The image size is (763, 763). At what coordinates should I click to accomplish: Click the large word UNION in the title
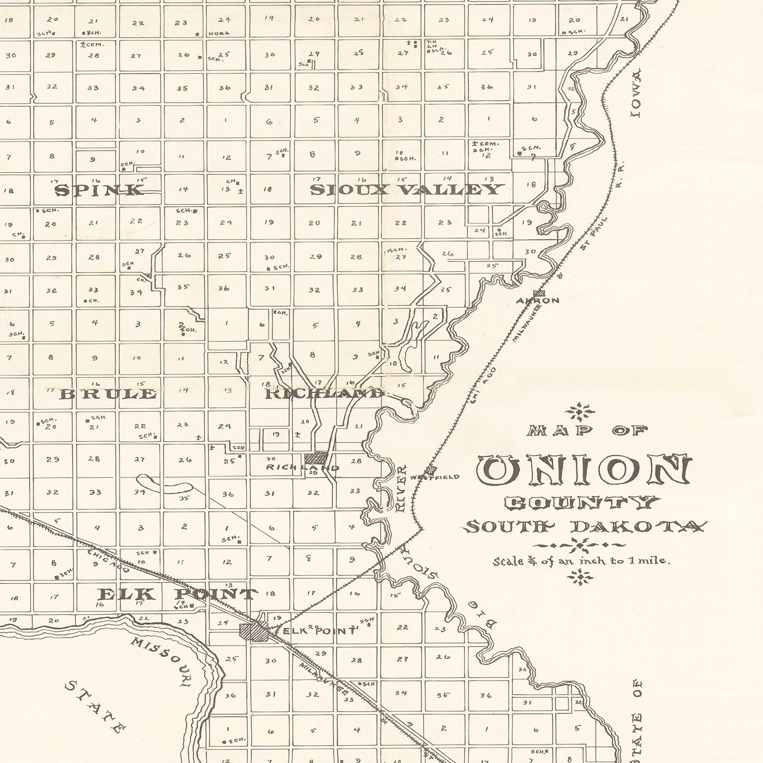point(584,469)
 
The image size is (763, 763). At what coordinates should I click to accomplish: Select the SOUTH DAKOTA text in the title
point(585,526)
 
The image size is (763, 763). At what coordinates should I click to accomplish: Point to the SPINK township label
point(100,190)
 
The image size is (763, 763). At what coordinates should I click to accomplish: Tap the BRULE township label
point(108,394)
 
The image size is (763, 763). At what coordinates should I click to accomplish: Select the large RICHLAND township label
point(324,393)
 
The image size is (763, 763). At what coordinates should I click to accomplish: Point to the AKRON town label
point(538,300)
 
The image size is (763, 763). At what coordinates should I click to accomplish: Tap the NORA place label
point(219,34)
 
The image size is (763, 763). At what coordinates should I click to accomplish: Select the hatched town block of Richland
point(316,457)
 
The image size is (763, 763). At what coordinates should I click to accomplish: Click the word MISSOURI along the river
point(160,660)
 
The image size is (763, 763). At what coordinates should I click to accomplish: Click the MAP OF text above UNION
point(586,431)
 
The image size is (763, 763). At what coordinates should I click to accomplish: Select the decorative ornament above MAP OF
point(580,410)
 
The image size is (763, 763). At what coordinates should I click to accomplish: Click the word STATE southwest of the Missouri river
point(95,707)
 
